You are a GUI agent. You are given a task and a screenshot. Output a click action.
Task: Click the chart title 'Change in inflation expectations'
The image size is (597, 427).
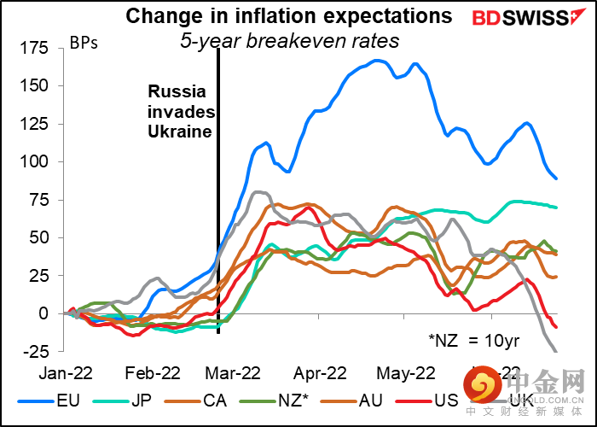click(x=289, y=16)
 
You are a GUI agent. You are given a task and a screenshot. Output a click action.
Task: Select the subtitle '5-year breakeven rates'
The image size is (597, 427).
click(x=289, y=39)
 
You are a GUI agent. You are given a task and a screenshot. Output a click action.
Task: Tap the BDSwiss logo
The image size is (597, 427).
click(x=521, y=18)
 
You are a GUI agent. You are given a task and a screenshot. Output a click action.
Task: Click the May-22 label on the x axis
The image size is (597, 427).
click(x=406, y=372)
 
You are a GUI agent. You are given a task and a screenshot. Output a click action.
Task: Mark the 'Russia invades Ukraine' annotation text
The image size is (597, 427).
click(x=180, y=112)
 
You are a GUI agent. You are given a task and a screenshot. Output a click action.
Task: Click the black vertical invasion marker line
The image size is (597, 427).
click(x=218, y=213)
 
